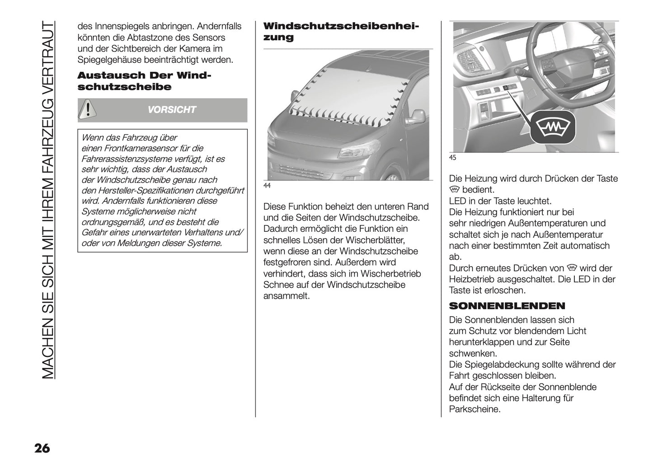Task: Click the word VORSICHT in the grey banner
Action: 172,110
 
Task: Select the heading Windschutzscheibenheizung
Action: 341,32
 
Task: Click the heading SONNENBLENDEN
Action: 507,306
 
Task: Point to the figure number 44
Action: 267,186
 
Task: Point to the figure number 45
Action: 452,158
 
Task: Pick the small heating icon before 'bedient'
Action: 454,189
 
